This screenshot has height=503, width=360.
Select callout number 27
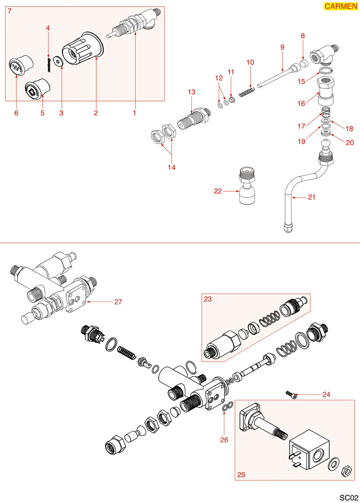(x=118, y=302)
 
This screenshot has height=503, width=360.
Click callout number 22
(x=217, y=191)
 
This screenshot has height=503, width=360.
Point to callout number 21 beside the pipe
(x=311, y=197)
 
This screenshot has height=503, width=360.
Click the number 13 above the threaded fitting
(x=191, y=92)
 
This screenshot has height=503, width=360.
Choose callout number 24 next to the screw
(x=326, y=394)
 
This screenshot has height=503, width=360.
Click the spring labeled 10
(x=246, y=91)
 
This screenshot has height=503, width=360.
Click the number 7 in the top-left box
(x=10, y=11)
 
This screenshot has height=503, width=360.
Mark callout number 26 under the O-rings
(x=224, y=439)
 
